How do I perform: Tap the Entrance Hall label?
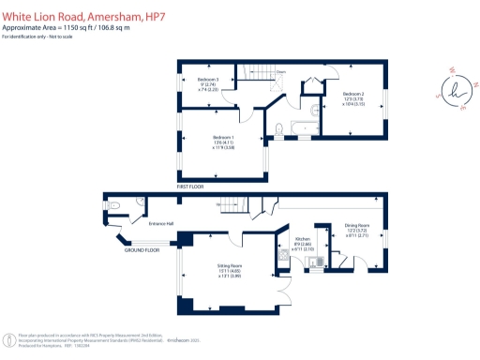pyautogui.click(x=163, y=224)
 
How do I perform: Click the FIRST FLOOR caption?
pyautogui.click(x=190, y=187)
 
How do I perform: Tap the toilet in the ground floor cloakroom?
pyautogui.click(x=112, y=205)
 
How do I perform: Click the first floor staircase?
pyautogui.click(x=258, y=76)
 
